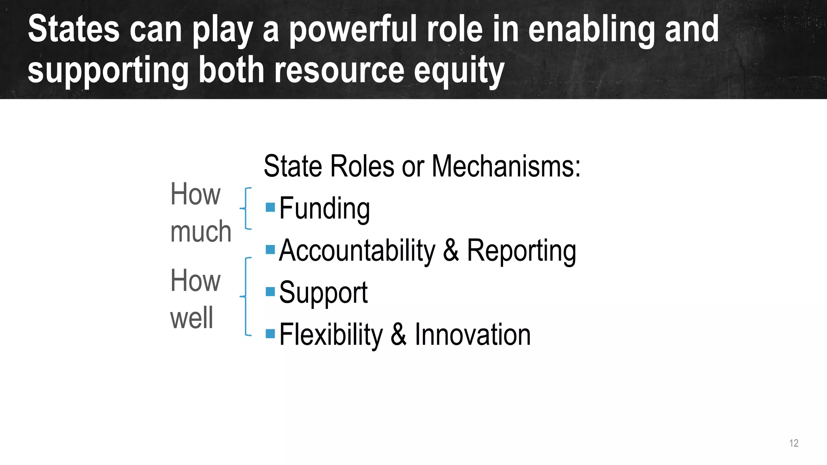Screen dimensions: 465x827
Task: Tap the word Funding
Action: (324, 209)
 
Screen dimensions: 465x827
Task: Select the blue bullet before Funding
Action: (270, 207)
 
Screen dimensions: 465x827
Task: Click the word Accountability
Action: (357, 251)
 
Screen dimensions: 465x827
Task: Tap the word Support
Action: (323, 293)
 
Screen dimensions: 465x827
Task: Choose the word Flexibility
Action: (331, 335)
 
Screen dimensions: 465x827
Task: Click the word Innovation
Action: (472, 335)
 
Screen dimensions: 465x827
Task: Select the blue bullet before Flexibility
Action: (270, 334)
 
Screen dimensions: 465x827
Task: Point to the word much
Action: (201, 232)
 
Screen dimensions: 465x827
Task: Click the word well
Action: (191, 318)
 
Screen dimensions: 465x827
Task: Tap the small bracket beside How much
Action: (246, 208)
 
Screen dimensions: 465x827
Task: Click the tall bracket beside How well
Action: (246, 296)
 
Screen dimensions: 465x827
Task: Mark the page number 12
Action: (793, 443)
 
